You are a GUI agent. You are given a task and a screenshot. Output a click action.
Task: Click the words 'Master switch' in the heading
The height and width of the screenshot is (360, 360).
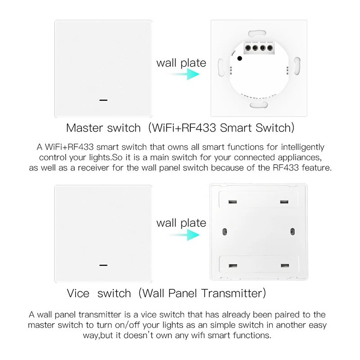pyautogui.click(x=103, y=128)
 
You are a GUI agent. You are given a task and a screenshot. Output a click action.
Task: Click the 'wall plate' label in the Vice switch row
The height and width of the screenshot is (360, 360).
pyautogui.click(x=181, y=223)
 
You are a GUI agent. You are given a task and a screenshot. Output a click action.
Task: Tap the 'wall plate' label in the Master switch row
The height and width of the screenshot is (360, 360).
pyautogui.click(x=181, y=63)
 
